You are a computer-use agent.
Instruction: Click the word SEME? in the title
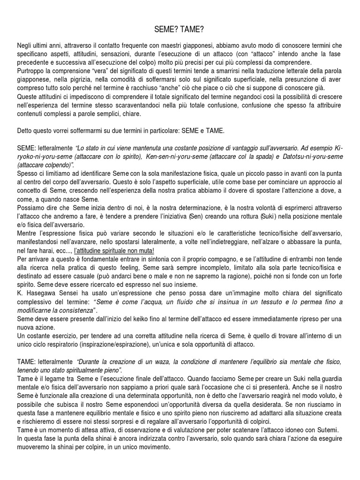pyautogui.click(x=165, y=30)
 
